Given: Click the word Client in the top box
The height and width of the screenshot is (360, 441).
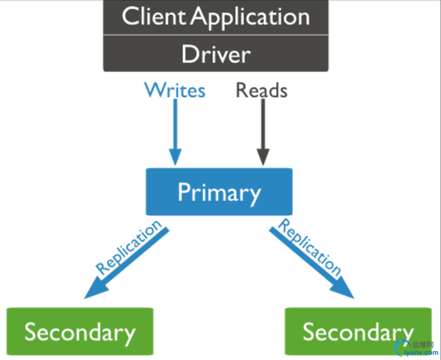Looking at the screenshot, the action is pos(154,16).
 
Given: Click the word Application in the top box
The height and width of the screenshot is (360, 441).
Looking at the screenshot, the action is pos(251,17).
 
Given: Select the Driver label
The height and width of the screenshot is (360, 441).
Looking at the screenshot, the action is pos(216,54).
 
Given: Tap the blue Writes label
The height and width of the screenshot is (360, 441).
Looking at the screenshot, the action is pos(175,90).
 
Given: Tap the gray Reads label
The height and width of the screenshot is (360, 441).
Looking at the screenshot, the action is pos(261,90).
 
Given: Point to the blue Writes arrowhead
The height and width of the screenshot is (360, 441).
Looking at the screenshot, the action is pos(175,156).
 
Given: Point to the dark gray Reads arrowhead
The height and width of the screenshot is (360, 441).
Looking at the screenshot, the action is pos(263,156).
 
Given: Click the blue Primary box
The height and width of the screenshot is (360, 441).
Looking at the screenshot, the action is pos(219,192).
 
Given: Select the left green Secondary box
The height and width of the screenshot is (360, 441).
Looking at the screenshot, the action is pos(80,331).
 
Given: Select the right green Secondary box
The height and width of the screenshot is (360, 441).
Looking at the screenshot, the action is pos(358,331).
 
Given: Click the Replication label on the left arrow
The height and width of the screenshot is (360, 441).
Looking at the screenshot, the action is pos(128,247).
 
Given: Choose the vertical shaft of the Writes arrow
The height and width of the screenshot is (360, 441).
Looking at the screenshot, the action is pos(175,124).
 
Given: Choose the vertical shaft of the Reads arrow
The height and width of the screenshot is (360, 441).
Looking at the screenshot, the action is pos(263,124).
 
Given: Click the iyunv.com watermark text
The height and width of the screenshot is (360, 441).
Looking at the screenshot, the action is pos(421,352).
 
